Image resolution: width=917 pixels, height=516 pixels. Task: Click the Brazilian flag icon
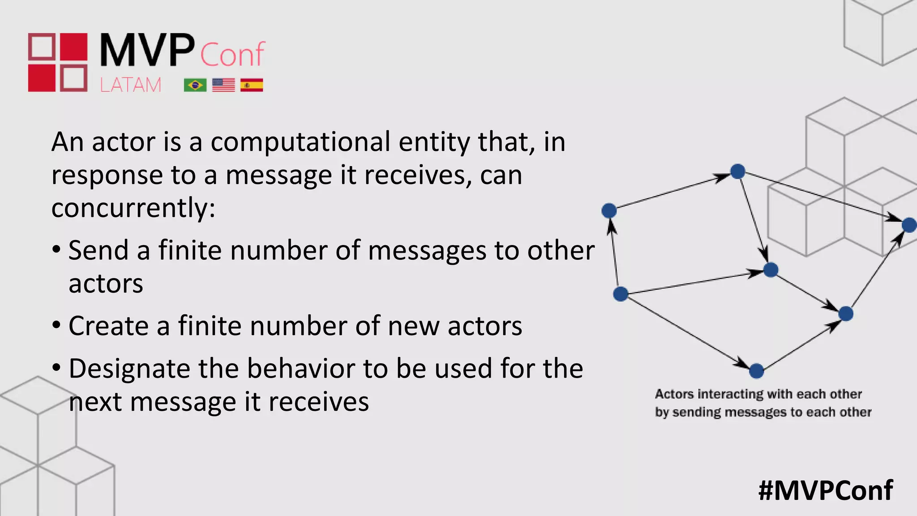point(195,85)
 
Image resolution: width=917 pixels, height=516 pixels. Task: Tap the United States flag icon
point(223,85)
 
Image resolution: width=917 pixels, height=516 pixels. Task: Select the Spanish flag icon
point(252,85)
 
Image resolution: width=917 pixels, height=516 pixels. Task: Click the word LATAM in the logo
point(130,85)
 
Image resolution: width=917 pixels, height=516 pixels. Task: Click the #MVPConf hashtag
point(826,490)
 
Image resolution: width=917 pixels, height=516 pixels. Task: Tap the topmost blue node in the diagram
point(737,171)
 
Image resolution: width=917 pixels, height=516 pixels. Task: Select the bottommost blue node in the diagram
point(756,371)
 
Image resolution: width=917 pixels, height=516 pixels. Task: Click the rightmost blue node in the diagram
point(909,225)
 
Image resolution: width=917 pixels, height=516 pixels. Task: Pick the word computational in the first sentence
point(300,142)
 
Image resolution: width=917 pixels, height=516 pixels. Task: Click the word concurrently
point(133,208)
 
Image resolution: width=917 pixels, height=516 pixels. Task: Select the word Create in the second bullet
point(108,326)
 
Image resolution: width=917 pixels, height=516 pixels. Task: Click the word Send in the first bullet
point(98,250)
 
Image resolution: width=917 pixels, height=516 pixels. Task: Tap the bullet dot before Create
point(56,325)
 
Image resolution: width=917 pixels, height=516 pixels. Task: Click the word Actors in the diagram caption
point(674,394)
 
